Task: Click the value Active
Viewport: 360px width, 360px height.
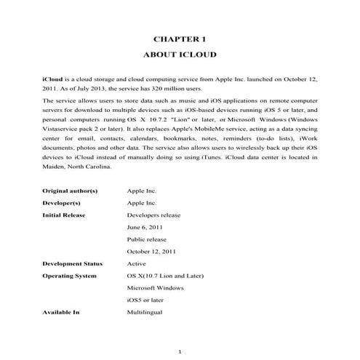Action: coord(137,263)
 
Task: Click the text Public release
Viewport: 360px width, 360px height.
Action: coord(147,239)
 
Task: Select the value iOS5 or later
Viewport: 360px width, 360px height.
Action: coord(146,300)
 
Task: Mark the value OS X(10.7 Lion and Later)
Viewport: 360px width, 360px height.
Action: coord(165,276)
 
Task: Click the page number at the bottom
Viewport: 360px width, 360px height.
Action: coord(179,352)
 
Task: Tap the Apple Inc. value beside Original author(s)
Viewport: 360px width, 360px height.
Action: coord(142,191)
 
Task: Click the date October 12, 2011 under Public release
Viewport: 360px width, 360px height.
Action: coord(152,252)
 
